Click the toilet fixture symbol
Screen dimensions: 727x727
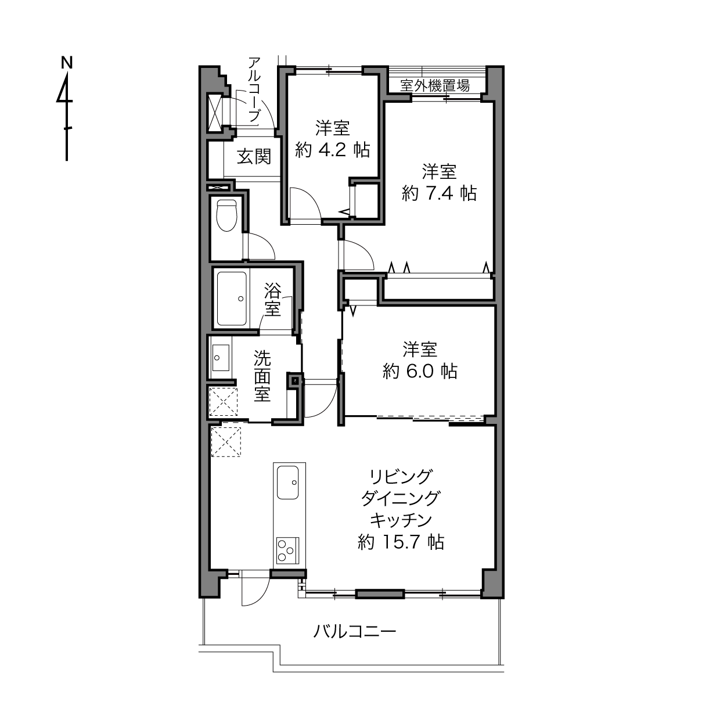(x=226, y=215)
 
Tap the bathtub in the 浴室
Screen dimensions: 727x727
(x=232, y=299)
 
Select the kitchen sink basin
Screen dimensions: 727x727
(x=288, y=483)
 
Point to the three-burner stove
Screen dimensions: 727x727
(x=287, y=550)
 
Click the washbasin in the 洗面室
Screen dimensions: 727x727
(x=221, y=357)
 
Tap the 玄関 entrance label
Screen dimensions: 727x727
(x=254, y=157)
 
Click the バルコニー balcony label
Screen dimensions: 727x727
(x=355, y=631)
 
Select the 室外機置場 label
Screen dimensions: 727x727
(x=435, y=85)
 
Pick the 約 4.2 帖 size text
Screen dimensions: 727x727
(x=332, y=150)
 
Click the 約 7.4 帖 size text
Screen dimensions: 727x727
(x=439, y=193)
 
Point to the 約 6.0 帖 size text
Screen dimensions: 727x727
(x=420, y=371)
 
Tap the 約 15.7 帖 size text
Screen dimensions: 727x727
(x=401, y=542)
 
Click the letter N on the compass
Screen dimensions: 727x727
(x=67, y=63)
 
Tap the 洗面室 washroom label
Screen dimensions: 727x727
(x=262, y=376)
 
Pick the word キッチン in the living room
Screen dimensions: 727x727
(x=401, y=520)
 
